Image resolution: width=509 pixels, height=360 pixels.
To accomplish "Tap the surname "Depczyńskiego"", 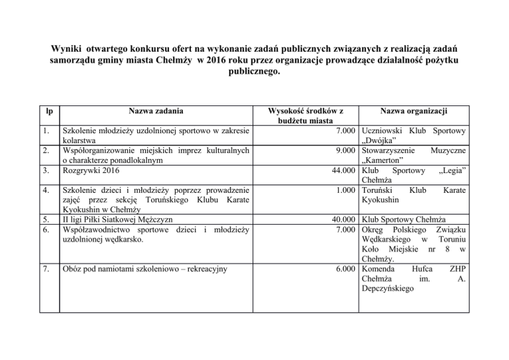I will (x=396, y=290).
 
